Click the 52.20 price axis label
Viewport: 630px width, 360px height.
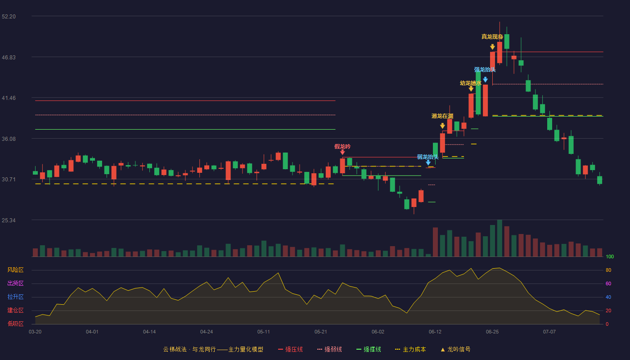9,17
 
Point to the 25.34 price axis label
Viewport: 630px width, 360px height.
9,220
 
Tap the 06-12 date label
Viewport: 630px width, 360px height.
435,332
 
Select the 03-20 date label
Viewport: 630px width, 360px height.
35,332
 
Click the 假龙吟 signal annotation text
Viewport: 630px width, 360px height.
342,147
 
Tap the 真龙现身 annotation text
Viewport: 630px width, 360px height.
492,36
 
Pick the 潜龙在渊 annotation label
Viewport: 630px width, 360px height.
442,116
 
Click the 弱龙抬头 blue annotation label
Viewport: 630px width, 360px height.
428,157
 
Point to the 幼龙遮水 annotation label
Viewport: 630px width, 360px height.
471,83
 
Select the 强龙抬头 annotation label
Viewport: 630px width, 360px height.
485,69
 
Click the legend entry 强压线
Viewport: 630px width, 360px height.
291,349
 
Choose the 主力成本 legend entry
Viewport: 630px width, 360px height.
410,349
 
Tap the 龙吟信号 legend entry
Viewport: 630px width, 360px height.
455,349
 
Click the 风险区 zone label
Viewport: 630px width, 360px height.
15,270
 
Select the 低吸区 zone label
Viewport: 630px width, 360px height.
15,324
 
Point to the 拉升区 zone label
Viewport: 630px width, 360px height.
15,297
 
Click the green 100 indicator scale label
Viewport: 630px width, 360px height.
610,256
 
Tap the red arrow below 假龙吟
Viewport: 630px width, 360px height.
342,152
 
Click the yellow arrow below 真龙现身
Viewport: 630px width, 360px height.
492,47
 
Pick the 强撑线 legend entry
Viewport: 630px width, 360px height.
369,349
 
